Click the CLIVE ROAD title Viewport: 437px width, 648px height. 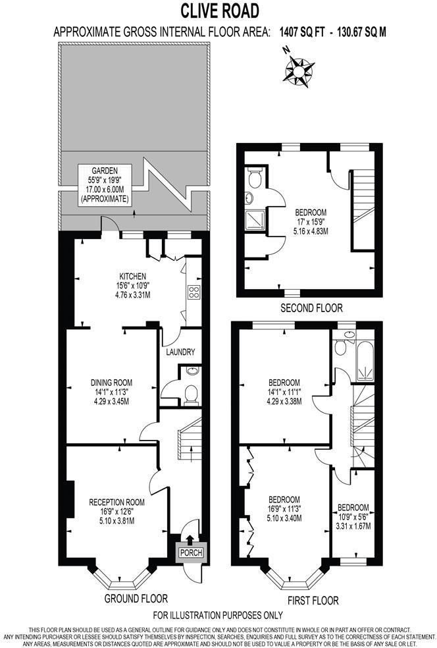(218, 11)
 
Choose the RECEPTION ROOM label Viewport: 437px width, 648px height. (116, 502)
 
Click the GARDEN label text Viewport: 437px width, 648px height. (105, 170)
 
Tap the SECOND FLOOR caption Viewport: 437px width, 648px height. (311, 308)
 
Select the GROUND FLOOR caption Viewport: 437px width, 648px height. (136, 599)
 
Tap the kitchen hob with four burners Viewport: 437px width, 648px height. (193, 292)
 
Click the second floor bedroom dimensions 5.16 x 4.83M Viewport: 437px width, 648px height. (311, 232)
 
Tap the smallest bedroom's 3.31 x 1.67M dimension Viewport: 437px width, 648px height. (353, 526)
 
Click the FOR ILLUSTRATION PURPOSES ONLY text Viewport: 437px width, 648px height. (218, 616)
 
